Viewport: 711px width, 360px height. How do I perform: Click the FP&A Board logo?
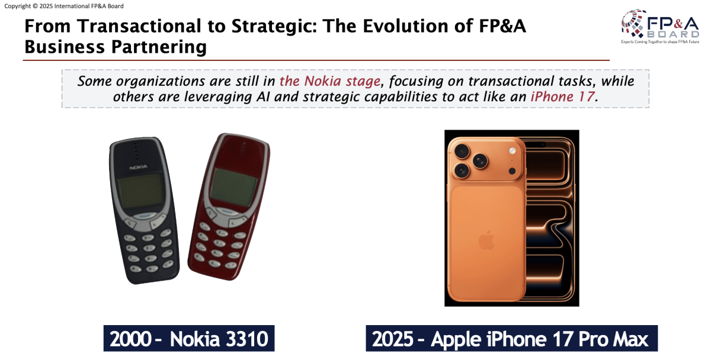(x=660, y=26)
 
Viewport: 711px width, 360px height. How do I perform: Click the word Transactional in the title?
(x=139, y=26)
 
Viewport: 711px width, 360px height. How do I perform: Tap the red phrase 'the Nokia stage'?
(x=330, y=81)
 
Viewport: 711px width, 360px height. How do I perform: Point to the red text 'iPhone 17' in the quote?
(x=562, y=97)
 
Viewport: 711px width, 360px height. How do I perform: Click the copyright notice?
(x=64, y=6)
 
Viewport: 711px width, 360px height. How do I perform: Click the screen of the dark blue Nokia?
(x=141, y=191)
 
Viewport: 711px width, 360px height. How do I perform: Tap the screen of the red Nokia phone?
(x=233, y=188)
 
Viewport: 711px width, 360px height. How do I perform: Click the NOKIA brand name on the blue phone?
(x=139, y=167)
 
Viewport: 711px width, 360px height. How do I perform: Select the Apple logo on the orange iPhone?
(x=486, y=240)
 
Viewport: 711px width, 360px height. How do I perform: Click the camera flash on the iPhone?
(x=513, y=151)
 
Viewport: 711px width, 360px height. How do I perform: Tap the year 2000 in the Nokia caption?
(x=130, y=339)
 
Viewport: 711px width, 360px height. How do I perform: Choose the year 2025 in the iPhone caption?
(x=393, y=339)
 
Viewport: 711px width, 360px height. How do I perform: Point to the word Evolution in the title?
(x=406, y=26)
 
